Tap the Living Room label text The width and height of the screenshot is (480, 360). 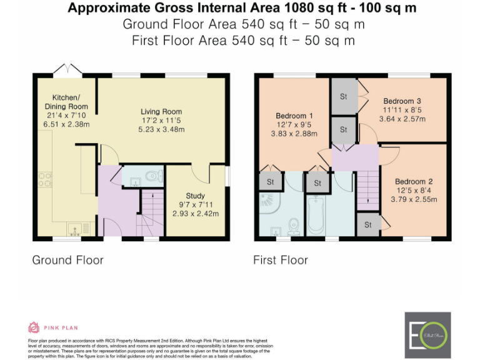pos(161,112)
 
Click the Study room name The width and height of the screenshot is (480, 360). pos(196,196)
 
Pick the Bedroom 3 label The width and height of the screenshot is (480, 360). pos(402,101)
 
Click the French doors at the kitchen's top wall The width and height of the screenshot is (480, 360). pos(66,69)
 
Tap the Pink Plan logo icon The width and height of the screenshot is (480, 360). pos(34,327)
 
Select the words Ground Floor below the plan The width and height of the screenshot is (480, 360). pos(67,259)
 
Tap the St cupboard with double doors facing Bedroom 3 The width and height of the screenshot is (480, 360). pos(343,96)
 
